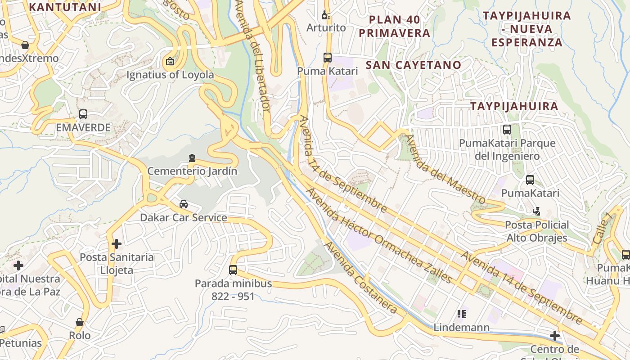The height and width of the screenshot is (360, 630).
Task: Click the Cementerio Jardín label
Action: tap(192, 171)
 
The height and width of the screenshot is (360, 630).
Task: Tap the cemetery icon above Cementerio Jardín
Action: tap(192, 158)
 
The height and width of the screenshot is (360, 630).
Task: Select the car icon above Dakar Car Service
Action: tap(184, 204)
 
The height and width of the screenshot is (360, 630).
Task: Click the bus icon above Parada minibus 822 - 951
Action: tap(233, 270)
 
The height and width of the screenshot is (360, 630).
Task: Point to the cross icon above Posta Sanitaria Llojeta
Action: tap(117, 244)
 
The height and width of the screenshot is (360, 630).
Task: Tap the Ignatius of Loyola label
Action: tap(170, 75)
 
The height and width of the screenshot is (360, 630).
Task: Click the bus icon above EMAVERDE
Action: tap(83, 114)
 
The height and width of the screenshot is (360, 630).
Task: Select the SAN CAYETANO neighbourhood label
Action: tap(414, 65)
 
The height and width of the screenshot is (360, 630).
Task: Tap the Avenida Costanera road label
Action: tap(360, 278)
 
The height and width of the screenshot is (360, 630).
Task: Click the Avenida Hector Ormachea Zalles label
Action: tap(378, 235)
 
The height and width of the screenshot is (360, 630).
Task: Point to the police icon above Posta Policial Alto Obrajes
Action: tap(536, 211)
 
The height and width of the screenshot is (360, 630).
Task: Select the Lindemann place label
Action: tap(461, 327)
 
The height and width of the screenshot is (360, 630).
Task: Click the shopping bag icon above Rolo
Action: tap(80, 322)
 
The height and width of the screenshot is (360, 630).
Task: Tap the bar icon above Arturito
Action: tap(326, 15)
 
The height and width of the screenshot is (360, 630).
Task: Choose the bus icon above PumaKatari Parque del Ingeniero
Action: tap(507, 130)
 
